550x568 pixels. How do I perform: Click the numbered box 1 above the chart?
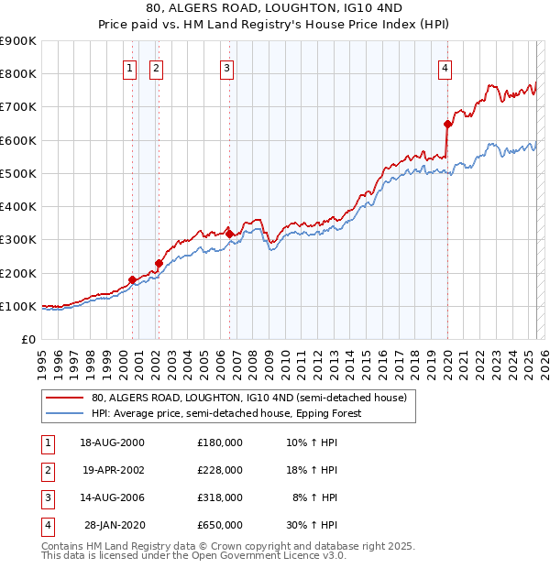(x=130, y=66)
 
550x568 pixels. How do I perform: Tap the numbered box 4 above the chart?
(x=445, y=66)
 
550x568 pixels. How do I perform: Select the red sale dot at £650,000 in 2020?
(x=448, y=124)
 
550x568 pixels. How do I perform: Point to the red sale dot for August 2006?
(x=229, y=234)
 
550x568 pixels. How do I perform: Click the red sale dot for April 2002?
(x=159, y=264)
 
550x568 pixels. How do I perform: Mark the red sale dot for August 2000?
(x=132, y=279)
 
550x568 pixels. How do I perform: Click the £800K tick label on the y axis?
(x=18, y=74)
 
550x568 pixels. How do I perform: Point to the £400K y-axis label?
(x=18, y=207)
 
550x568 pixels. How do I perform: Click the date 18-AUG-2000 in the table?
(x=113, y=442)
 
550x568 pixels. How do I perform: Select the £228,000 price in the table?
(x=220, y=470)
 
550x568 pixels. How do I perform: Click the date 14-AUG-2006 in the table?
(x=113, y=497)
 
